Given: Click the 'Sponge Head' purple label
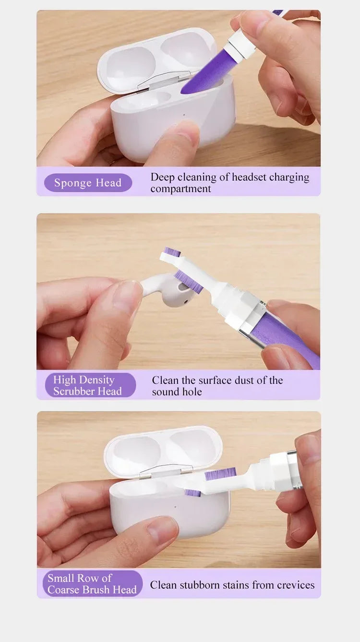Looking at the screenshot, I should pyautogui.click(x=88, y=183).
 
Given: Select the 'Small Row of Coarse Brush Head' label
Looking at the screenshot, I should pyautogui.click(x=92, y=583).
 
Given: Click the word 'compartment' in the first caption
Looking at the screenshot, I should pyautogui.click(x=180, y=189).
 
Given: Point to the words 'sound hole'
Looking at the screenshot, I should pyautogui.click(x=177, y=392).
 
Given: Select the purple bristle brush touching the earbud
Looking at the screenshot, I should pyautogui.click(x=189, y=282).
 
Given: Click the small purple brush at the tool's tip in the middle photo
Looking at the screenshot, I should pyautogui.click(x=172, y=252).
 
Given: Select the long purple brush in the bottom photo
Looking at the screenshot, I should pyautogui.click(x=220, y=474).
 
